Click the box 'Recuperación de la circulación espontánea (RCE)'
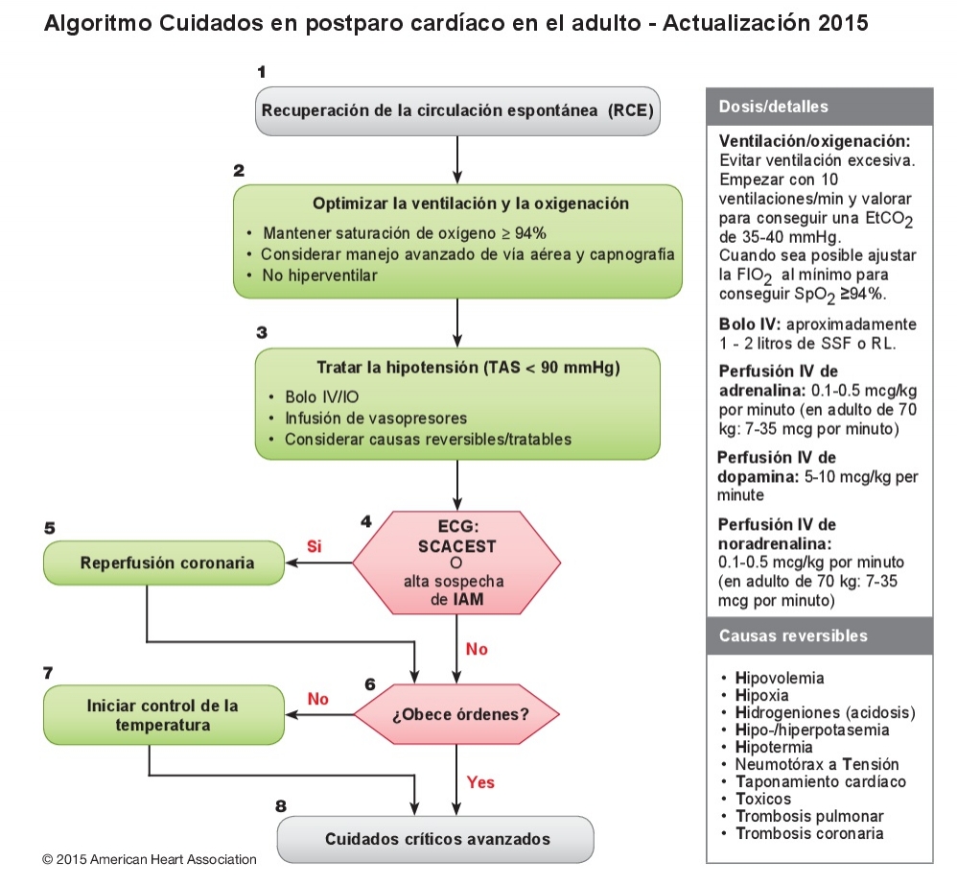pyautogui.click(x=458, y=109)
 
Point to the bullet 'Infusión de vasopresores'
pyautogui.click(x=376, y=418)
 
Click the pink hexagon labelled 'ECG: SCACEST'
pyautogui.click(x=456, y=563)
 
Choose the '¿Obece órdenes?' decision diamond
pyautogui.click(x=458, y=716)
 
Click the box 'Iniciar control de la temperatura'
pyautogui.click(x=163, y=715)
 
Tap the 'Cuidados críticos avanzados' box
pyautogui.click(x=437, y=839)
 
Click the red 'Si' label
pyautogui.click(x=314, y=546)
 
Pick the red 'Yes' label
pyautogui.click(x=480, y=782)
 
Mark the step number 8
pyautogui.click(x=281, y=804)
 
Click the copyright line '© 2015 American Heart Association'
pyautogui.click(x=150, y=859)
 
